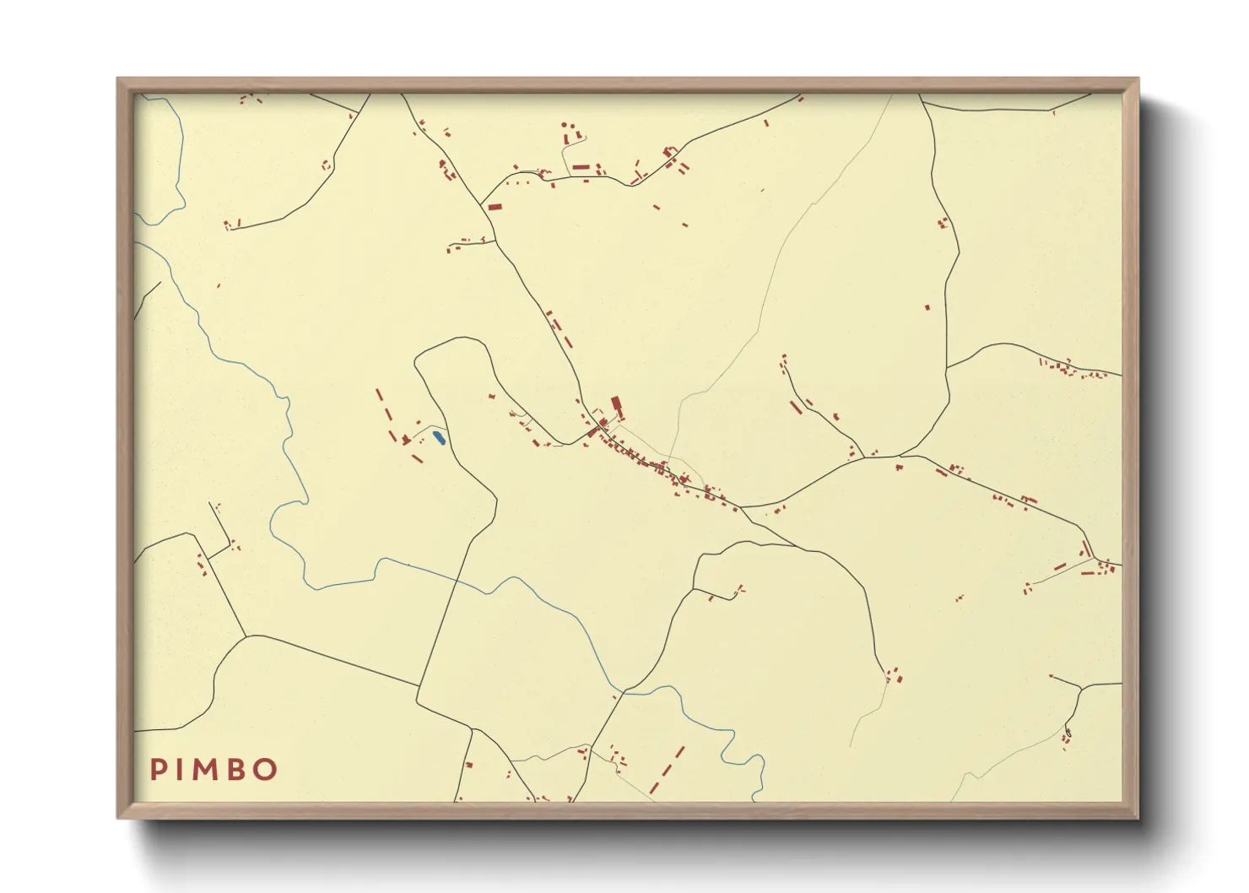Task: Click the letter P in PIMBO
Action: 158,769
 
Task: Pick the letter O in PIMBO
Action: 266,769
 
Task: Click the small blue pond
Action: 438,437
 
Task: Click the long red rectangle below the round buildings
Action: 580,167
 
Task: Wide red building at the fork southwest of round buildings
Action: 495,206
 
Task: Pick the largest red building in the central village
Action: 616,406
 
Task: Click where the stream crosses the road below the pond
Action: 457,580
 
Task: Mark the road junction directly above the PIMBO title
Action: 246,636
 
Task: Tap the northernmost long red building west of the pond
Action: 379,395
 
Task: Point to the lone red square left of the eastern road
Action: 927,307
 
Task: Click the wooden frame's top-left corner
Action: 118,78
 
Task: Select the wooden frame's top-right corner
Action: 1138,78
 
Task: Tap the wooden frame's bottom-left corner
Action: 118,817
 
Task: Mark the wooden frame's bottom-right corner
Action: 1138,817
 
